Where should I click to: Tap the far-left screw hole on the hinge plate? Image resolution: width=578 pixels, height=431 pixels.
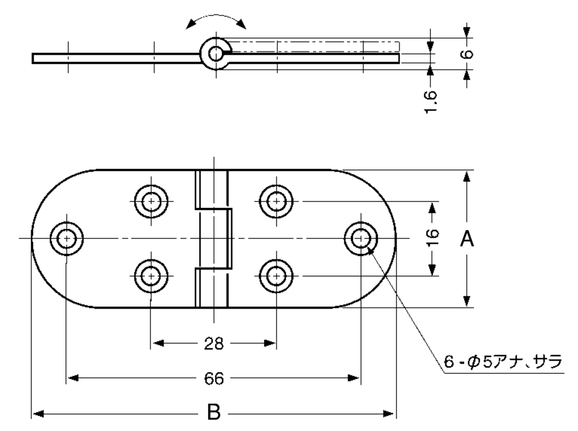point(66,238)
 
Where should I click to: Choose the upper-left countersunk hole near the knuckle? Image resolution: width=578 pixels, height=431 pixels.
point(151,201)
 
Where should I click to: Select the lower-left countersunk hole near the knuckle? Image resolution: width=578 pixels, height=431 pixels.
point(151,276)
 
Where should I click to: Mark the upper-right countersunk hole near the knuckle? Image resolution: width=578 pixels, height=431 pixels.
point(276,201)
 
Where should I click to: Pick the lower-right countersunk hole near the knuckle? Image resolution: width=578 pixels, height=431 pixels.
point(276,276)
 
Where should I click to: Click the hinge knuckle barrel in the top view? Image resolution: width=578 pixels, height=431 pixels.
point(213,238)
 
